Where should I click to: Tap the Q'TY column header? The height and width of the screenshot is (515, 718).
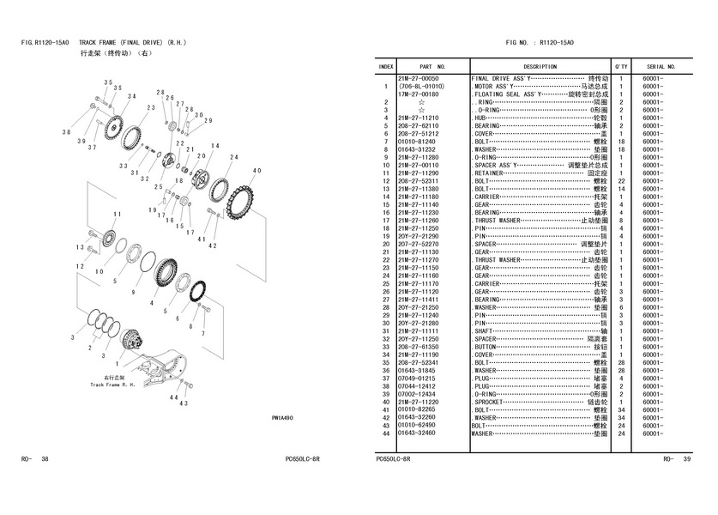[621, 66]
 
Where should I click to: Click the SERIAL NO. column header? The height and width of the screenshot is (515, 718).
[661, 66]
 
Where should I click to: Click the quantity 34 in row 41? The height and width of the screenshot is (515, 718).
[621, 409]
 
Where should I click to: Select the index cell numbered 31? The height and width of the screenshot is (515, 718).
[387, 330]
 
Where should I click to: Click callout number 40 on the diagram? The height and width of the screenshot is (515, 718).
[256, 171]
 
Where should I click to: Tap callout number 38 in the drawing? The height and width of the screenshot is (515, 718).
[66, 132]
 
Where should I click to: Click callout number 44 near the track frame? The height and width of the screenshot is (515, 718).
[173, 398]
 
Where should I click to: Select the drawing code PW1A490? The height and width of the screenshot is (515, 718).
[282, 418]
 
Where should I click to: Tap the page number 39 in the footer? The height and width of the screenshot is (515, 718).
[686, 459]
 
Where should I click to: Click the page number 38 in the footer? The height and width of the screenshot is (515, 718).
[45, 459]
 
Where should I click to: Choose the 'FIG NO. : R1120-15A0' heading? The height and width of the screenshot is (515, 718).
[540, 42]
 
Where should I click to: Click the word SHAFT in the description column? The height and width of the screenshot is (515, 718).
[486, 330]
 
